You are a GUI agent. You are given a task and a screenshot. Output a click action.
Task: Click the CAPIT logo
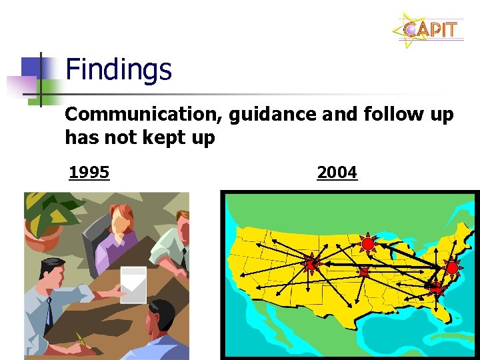coord(430,30)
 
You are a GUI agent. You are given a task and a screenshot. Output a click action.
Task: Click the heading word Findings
coord(119,69)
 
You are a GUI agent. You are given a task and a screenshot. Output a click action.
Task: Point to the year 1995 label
coord(89,173)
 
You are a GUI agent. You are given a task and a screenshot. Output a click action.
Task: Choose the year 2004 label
coord(337,173)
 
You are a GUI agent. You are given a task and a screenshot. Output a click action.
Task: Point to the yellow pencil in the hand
coord(83,340)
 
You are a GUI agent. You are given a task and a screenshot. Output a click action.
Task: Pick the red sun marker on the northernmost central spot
coord(367,244)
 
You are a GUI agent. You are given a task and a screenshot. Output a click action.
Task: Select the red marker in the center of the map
coord(363,272)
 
